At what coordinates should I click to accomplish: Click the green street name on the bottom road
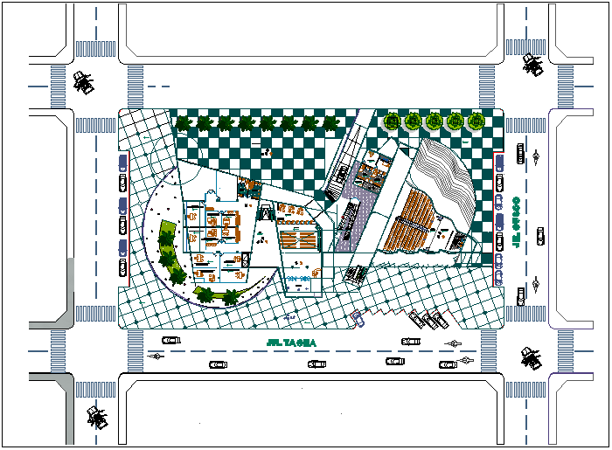tap(292, 343)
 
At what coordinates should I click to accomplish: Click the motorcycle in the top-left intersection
tap(84, 82)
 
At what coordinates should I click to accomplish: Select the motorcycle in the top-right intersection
tap(531, 64)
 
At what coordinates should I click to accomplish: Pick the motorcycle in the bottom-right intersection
tap(530, 357)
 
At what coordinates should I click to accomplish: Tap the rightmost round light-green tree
tap(476, 121)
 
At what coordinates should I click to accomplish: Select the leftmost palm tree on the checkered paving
tap(184, 123)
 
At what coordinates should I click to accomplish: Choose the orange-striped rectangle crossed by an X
tap(296, 239)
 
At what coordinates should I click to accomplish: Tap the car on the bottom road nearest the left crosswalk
tap(170, 339)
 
